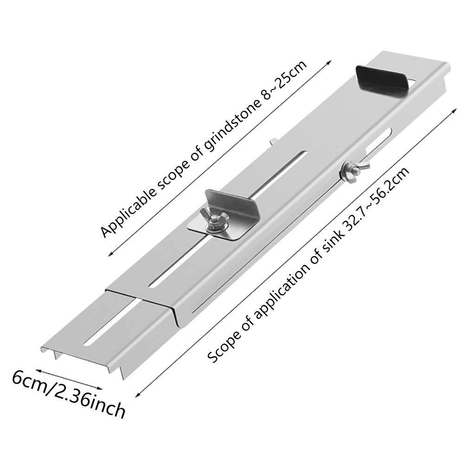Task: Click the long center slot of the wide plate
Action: [232, 218]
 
